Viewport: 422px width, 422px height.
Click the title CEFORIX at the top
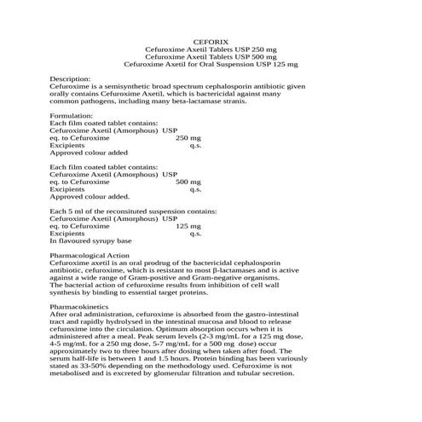coord(211,40)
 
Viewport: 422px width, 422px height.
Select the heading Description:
coord(72,78)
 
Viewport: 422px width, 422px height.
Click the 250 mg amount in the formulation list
coord(188,136)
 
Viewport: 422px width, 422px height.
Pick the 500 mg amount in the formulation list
coord(188,181)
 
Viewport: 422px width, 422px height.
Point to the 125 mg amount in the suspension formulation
coord(188,225)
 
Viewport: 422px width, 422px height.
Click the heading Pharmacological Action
coord(90,255)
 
